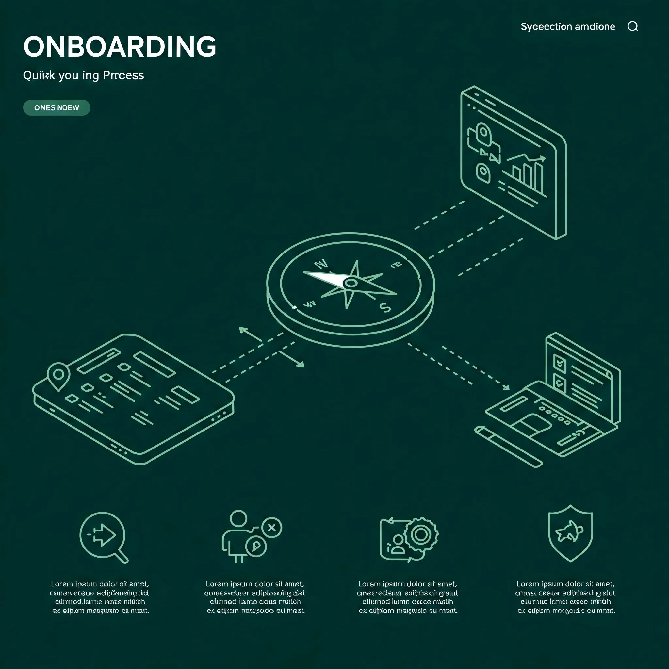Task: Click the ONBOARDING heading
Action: coord(120,46)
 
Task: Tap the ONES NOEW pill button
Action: coord(57,108)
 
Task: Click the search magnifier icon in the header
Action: coord(632,26)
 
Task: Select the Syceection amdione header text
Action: coord(567,27)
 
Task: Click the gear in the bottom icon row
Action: coord(421,534)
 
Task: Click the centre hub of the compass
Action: coord(351,283)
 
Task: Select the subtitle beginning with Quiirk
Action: coord(83,75)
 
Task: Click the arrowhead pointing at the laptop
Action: coord(506,387)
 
